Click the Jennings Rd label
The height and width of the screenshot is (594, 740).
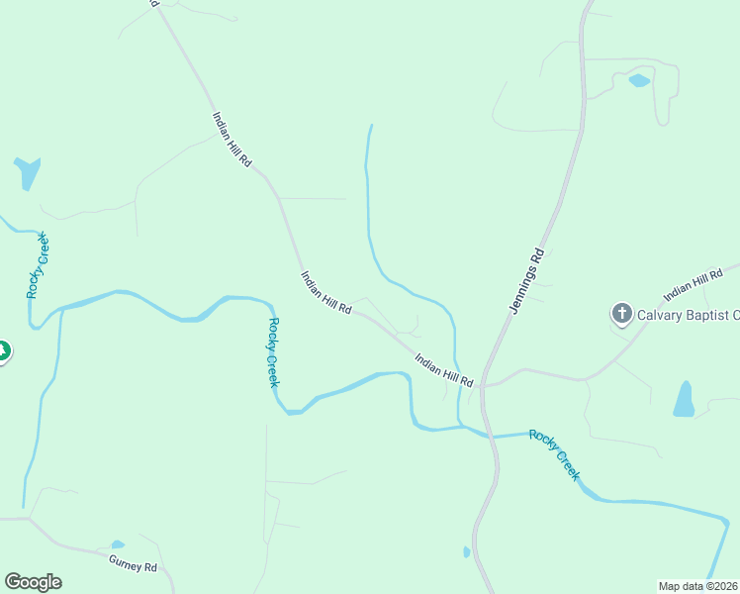click(x=528, y=280)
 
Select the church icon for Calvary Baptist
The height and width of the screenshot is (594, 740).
click(x=621, y=315)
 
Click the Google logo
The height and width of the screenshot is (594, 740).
click(x=33, y=582)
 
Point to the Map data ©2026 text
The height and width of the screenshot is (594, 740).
click(x=697, y=585)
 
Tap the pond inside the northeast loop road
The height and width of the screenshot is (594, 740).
click(x=640, y=80)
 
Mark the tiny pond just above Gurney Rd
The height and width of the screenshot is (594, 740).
click(x=118, y=544)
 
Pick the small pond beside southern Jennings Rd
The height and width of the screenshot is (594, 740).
click(x=466, y=551)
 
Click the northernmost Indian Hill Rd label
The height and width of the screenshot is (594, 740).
click(x=231, y=139)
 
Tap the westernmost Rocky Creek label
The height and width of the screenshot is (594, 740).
click(x=38, y=265)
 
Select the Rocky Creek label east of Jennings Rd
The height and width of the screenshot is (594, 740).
click(x=554, y=454)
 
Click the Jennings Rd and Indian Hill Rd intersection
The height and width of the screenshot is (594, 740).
click(x=484, y=384)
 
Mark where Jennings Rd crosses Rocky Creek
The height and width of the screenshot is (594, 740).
click(x=492, y=436)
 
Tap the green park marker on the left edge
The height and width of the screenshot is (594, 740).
click(x=3, y=350)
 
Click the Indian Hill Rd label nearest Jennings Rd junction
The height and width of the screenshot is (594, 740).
click(x=444, y=370)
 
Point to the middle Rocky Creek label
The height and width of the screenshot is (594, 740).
click(x=274, y=352)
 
